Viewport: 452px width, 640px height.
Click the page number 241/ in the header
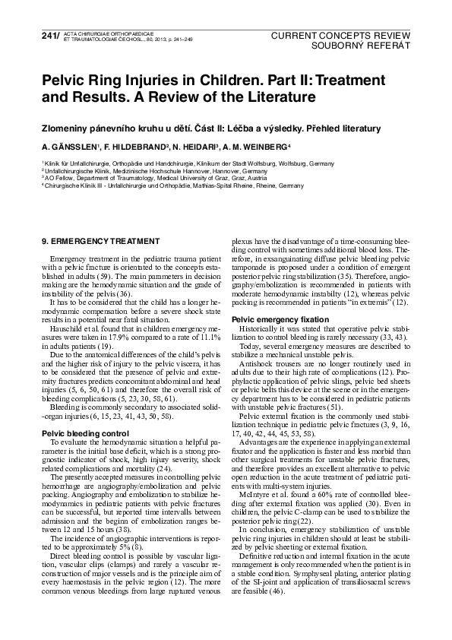[33, 36]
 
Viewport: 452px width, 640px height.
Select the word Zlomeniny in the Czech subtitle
[67, 128]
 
